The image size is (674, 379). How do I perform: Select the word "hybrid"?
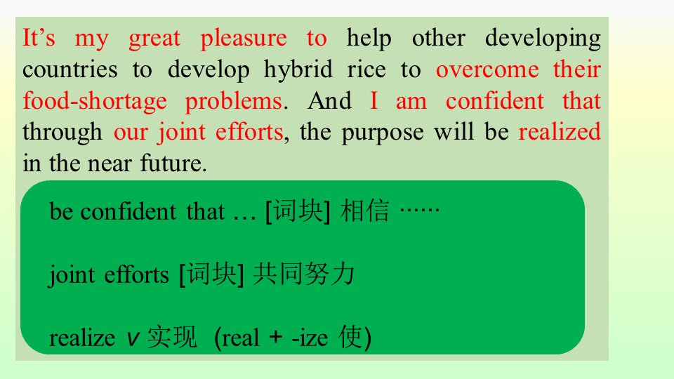tap(298, 70)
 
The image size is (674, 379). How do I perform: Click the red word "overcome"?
tap(487, 70)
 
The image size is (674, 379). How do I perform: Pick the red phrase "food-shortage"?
tap(95, 102)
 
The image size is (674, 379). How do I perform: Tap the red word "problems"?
tap(234, 102)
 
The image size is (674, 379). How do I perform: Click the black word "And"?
tap(330, 101)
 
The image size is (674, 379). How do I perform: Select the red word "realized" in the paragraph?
tap(560, 131)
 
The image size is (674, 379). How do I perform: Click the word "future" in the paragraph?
tap(171, 164)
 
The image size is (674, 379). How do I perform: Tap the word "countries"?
tap(70, 70)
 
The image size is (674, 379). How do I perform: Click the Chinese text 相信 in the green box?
tap(364, 211)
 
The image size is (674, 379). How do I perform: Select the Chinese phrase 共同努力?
tap(304, 274)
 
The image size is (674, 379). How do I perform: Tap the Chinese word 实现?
tap(172, 338)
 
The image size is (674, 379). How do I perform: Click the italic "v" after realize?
tap(133, 339)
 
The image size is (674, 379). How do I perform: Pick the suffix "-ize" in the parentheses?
tap(310, 338)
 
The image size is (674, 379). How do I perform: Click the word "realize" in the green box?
tap(82, 338)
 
